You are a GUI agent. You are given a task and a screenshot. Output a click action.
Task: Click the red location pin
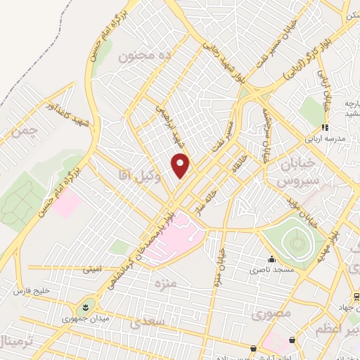point(181,165)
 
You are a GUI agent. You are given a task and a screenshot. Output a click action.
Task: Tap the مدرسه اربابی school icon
point(324,127)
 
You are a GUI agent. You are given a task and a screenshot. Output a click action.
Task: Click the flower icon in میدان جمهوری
point(84,307)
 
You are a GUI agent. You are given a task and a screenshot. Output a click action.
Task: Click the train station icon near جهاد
point(356,297)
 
